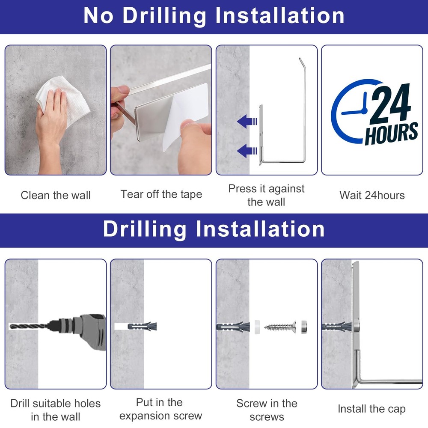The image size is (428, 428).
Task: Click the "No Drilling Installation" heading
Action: (x=214, y=16)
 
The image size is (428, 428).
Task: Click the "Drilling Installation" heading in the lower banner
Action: (x=214, y=229)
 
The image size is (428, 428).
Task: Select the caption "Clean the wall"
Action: (x=56, y=196)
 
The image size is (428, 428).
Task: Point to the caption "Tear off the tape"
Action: (x=161, y=194)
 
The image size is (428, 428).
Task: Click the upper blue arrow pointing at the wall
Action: (x=247, y=122)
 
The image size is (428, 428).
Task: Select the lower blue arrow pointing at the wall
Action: (x=247, y=151)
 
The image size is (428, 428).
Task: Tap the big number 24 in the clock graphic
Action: (x=390, y=103)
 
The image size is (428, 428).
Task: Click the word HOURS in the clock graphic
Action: (x=392, y=133)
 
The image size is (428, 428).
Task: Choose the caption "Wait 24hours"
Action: (x=372, y=196)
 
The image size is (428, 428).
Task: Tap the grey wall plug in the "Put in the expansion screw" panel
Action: (x=142, y=326)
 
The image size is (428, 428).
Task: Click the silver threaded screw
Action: (x=280, y=327)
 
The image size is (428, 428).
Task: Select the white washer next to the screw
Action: (x=257, y=327)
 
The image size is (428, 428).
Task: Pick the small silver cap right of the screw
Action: (x=304, y=327)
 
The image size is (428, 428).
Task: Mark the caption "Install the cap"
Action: (x=372, y=409)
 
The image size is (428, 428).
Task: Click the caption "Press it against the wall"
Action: (x=266, y=196)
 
